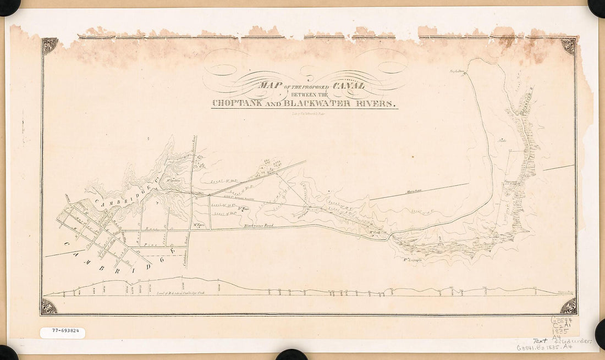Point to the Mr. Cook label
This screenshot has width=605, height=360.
(375, 231)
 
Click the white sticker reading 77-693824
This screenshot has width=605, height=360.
(62, 333)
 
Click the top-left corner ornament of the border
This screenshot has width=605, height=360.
(50, 46)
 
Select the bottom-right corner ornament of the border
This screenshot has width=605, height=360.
(569, 307)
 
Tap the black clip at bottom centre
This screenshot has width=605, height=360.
(291, 355)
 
